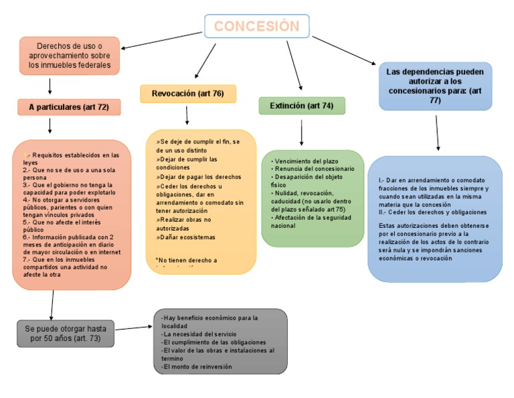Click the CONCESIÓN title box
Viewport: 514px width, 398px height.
pyautogui.click(x=256, y=27)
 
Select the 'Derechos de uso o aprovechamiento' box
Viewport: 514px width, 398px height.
pyautogui.click(x=70, y=56)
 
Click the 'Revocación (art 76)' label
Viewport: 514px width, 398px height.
pyautogui.click(x=187, y=94)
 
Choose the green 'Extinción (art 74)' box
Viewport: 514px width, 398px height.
pyautogui.click(x=301, y=106)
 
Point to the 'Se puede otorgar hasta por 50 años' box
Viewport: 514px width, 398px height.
pyautogui.click(x=66, y=333)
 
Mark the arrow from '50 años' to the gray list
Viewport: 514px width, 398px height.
pyautogui.click(x=134, y=328)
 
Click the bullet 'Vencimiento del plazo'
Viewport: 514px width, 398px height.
pyautogui.click(x=307, y=161)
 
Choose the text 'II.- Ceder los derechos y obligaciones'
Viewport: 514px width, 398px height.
pyautogui.click(x=432, y=212)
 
